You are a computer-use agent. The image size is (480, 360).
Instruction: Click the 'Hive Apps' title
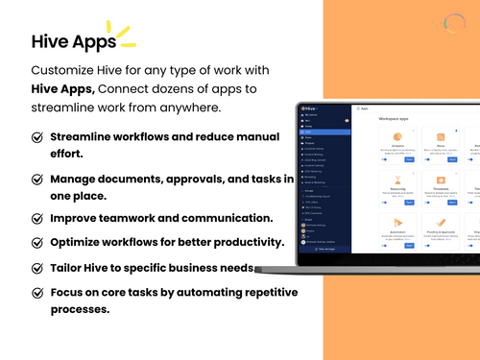(x=73, y=42)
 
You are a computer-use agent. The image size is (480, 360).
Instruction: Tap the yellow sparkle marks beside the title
(x=124, y=34)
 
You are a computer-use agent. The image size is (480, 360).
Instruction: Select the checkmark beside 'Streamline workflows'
(x=37, y=137)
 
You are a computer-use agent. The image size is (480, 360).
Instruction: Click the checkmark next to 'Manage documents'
(x=37, y=180)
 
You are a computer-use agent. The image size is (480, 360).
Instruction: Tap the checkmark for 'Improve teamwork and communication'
(x=37, y=218)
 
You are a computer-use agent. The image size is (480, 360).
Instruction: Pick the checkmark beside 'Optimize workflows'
(x=37, y=242)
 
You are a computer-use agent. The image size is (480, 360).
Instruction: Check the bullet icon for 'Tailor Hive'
(x=37, y=268)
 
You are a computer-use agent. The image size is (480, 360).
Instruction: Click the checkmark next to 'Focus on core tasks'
(x=37, y=292)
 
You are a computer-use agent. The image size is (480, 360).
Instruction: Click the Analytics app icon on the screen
(x=396, y=138)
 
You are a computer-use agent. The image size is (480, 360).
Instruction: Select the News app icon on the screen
(x=441, y=138)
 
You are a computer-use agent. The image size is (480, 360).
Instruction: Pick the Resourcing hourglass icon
(x=396, y=180)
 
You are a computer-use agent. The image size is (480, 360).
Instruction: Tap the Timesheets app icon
(x=441, y=180)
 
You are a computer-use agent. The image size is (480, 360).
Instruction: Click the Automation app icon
(x=396, y=223)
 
